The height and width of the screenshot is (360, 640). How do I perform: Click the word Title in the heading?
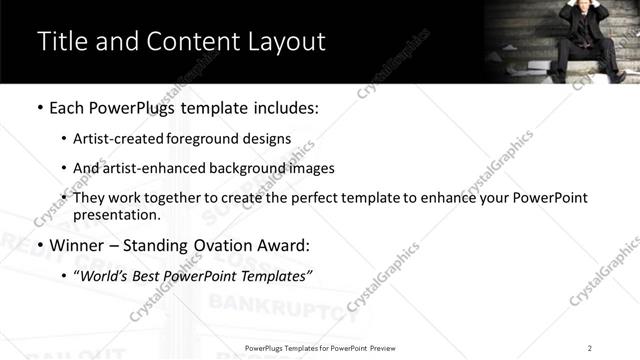pos(63,42)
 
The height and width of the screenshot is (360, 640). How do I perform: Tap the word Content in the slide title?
pos(185,42)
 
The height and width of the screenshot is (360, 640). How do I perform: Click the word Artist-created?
pos(119,139)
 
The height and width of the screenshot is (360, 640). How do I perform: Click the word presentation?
pos(116,214)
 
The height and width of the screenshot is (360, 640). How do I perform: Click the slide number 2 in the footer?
pos(590,347)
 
